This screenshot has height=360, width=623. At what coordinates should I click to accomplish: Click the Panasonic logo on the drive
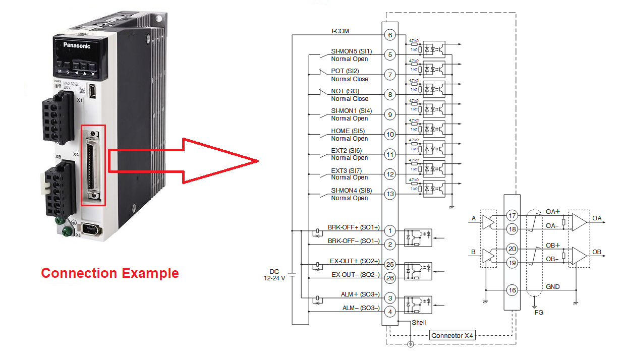77,45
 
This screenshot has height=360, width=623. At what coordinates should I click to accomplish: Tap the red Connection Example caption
110,273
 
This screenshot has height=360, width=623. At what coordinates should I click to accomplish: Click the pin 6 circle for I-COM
389,35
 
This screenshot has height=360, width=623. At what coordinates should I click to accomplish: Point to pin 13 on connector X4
389,194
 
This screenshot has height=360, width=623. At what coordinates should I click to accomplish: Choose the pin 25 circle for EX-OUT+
389,264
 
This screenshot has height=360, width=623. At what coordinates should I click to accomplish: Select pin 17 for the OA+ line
513,216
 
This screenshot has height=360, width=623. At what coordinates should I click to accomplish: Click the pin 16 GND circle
513,290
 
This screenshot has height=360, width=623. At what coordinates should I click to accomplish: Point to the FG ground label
539,313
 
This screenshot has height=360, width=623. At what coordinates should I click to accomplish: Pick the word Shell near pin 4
419,322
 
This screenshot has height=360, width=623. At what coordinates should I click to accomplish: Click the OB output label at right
597,252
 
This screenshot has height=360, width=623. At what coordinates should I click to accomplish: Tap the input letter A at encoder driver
473,218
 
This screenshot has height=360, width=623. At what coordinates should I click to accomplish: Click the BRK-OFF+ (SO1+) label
354,227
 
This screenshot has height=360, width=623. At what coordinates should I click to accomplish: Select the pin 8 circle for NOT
389,94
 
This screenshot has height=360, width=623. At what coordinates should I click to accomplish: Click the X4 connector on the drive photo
93,165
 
